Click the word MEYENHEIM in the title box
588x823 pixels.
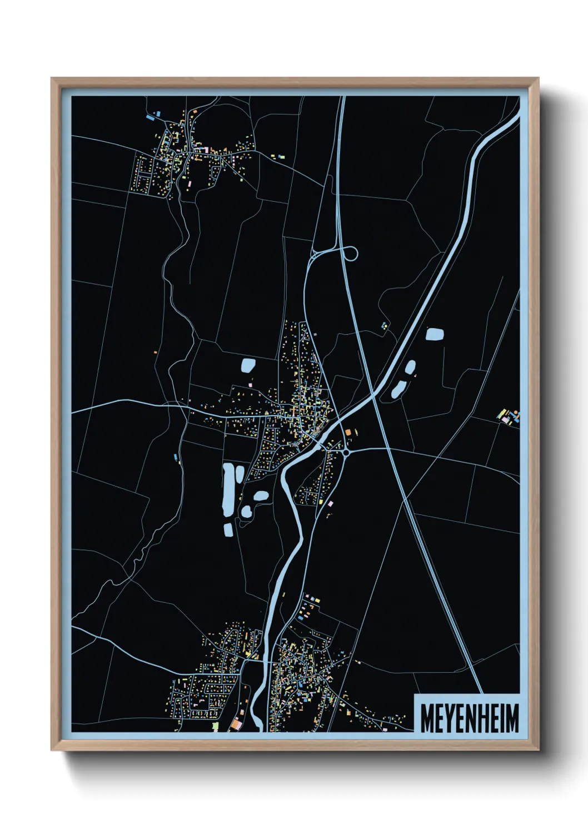coord(470,718)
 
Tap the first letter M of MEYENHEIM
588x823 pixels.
coord(427,718)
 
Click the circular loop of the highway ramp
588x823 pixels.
coord(351,254)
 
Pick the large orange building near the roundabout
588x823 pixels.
coord(348,432)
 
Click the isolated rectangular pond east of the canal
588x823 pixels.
coord(435,334)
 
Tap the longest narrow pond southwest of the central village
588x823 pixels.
coord(228,490)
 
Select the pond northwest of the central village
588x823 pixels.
coord(248,365)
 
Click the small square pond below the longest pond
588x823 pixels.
coord(228,529)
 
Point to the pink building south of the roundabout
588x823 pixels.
coord(330,503)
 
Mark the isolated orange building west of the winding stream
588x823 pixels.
coord(156,352)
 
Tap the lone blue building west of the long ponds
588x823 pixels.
coord(176,457)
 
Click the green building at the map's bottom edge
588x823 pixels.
coord(215,725)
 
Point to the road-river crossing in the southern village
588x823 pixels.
coord(266,662)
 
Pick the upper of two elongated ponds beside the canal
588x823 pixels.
coord(410,367)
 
